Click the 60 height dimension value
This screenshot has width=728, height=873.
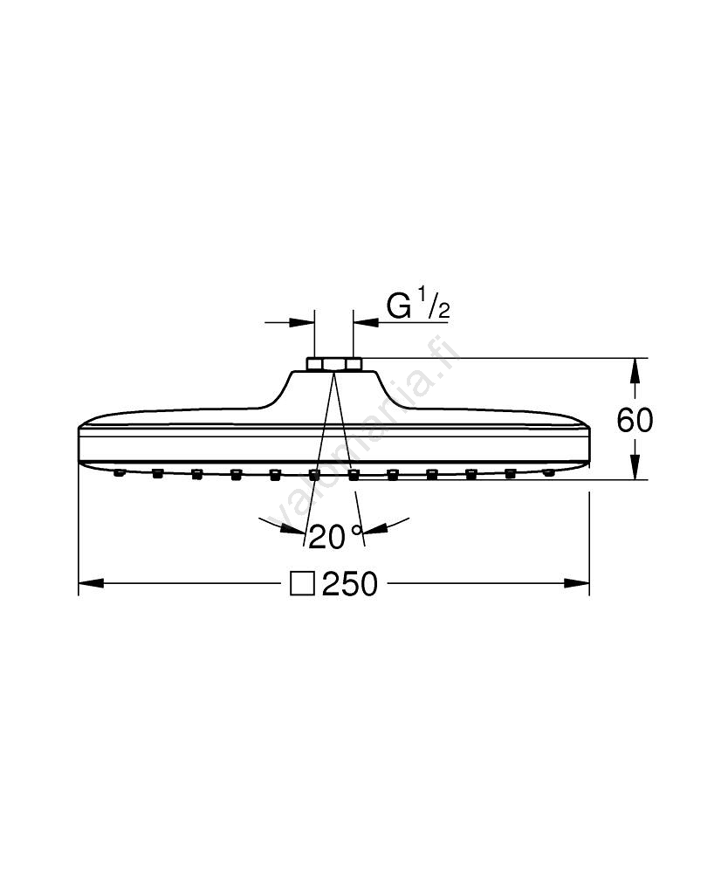pos(635,421)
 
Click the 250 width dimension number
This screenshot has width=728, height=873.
pos(350,583)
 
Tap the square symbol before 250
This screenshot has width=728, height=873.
pos(303,583)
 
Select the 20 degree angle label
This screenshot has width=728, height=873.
pos(326,537)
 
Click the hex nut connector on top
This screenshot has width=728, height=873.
pos(334,364)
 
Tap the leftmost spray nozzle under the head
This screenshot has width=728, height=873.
pos(118,473)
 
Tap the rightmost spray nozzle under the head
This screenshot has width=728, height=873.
pos(549,473)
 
